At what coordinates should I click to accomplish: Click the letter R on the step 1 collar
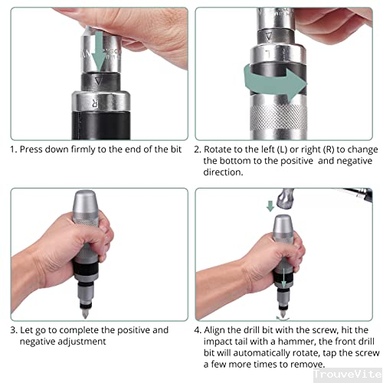pos(97,100)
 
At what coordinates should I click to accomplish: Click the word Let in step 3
pos(28,330)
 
